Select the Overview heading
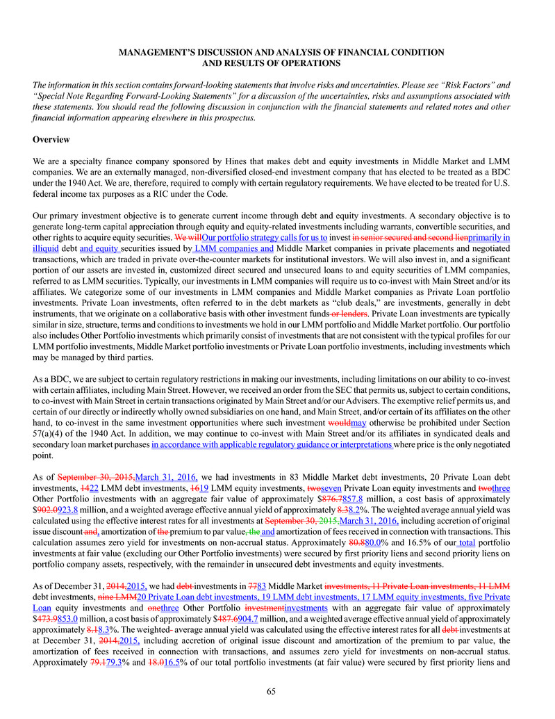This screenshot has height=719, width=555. point(51,140)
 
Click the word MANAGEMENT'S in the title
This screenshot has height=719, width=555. point(151,53)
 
